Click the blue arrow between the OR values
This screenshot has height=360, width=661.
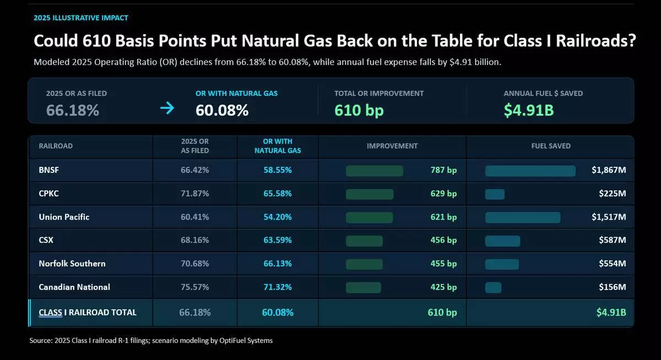point(167,108)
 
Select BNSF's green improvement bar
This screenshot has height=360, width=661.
point(375,171)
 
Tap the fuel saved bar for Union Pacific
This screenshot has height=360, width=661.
point(523,217)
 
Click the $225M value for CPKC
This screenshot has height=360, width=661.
point(613,193)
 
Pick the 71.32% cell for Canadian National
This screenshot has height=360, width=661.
point(278,287)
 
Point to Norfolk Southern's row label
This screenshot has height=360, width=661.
point(72,263)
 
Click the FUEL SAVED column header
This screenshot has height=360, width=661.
point(551,146)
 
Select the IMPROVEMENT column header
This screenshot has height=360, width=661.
point(392,146)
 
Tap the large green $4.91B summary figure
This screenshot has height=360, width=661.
point(529,110)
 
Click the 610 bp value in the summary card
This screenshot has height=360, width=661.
point(359,110)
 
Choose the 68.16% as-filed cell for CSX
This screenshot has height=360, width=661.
point(195,240)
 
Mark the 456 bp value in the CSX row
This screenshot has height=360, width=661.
point(443,240)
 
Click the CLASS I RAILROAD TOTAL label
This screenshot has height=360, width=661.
point(88,312)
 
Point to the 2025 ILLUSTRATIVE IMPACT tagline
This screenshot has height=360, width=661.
point(81,18)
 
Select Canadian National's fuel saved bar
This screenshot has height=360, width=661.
point(493,288)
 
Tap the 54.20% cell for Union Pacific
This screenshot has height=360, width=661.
point(278,217)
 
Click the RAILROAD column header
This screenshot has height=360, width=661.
point(56,146)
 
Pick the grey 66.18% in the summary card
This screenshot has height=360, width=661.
point(73,110)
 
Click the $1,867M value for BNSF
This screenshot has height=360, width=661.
point(609,170)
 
